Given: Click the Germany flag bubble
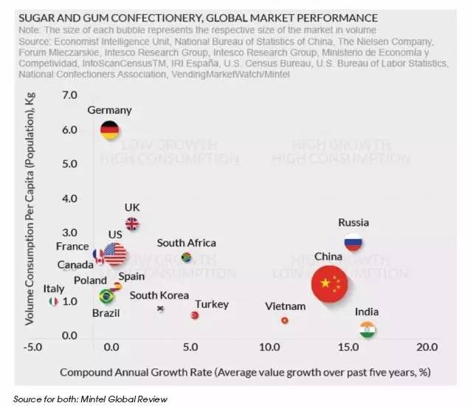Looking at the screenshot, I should [110, 130].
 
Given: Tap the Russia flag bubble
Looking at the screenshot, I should [353, 242].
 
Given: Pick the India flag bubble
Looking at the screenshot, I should [367, 329].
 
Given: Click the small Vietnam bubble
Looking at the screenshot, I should [285, 320].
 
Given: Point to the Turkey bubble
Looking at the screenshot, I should [195, 315].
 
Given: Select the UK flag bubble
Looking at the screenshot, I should [132, 224].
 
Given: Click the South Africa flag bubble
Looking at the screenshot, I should [187, 258].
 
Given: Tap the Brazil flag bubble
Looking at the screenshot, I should [106, 297].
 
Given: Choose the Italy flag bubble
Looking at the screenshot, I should [53, 302].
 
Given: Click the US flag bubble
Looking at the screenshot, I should [114, 254].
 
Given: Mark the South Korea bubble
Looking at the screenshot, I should [160, 309].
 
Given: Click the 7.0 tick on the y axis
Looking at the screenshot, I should [69, 96].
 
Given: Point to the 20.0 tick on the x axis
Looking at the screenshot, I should [427, 347].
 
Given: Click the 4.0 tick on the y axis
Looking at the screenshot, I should [69, 199].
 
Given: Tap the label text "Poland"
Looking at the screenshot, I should [90, 281].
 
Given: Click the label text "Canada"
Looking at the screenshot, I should [75, 264].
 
